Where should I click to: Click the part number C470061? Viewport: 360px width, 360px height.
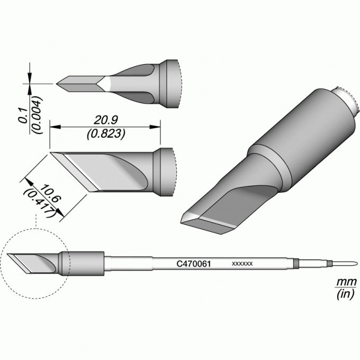point(194,264)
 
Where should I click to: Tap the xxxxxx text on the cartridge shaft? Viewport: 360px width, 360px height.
point(242,264)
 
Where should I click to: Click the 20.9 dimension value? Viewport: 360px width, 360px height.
point(106,120)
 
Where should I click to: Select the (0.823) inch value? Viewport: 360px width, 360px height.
point(106,133)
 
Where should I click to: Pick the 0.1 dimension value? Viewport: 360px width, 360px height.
point(23,116)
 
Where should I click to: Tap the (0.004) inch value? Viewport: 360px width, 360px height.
point(37,115)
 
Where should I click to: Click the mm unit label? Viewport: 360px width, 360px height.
point(346,282)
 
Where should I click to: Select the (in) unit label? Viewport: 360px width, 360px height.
point(346,294)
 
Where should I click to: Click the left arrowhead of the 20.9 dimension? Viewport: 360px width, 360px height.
point(55,127)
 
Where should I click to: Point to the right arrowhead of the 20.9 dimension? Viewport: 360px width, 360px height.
point(155,127)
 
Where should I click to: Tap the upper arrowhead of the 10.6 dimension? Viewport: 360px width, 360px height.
point(28,182)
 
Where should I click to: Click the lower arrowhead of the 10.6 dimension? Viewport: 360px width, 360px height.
point(60,212)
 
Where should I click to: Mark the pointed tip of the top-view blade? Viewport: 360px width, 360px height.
point(57,84)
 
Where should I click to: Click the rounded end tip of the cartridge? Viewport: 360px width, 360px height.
point(357,263)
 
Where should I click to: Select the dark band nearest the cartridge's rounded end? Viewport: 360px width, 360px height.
point(330,263)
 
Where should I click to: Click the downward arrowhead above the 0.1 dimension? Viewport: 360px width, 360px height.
point(30,76)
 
